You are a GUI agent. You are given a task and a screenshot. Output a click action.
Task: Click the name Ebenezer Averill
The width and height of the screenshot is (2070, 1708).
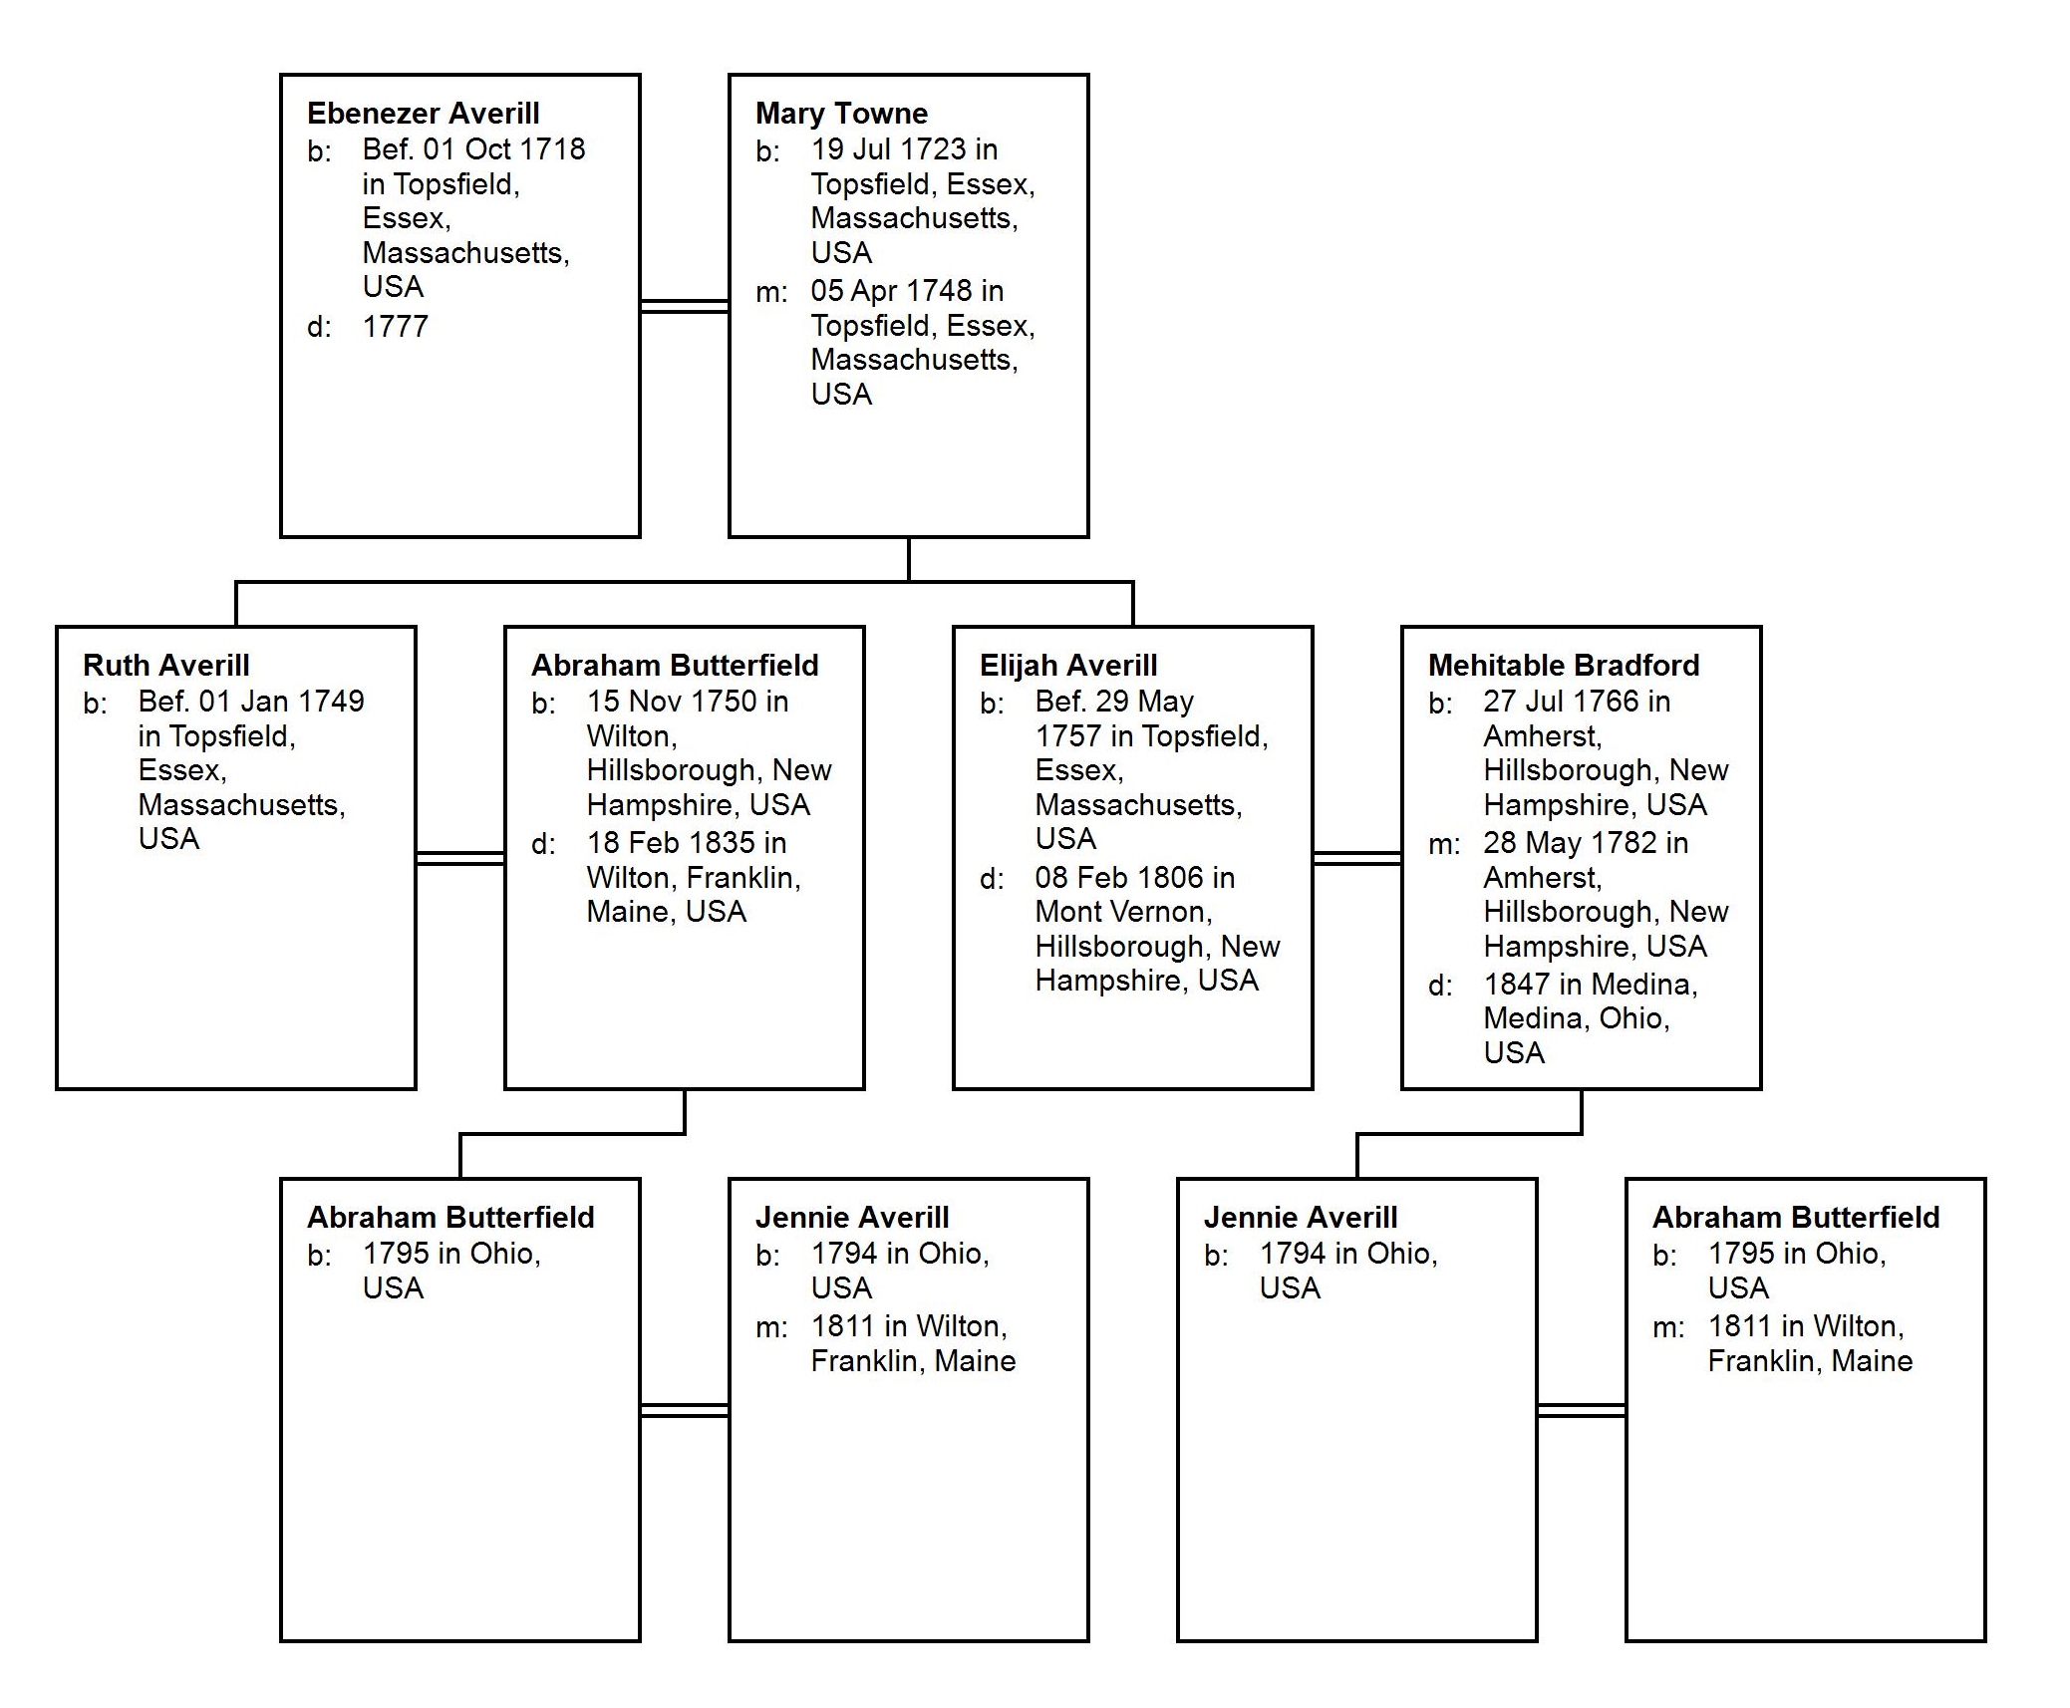pos(423,114)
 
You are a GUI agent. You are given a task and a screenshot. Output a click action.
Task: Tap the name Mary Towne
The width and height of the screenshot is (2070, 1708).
pos(841,114)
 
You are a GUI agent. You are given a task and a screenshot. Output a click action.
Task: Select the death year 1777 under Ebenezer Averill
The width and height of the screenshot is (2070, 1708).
pos(396,327)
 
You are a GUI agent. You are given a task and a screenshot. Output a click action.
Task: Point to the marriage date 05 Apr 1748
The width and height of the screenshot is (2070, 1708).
pos(891,291)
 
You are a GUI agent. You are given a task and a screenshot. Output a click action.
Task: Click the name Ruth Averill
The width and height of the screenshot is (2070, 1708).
pos(165,666)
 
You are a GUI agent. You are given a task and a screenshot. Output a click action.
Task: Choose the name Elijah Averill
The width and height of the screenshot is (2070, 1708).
pos(1068,666)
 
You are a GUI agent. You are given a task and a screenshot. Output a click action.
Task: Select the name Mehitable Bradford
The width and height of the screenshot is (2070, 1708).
pos(1564,666)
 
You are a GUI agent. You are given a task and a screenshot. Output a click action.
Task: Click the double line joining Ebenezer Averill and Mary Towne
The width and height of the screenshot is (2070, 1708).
pos(684,306)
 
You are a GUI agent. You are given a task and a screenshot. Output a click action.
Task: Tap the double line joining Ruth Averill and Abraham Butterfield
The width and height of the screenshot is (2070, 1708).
pos(459,858)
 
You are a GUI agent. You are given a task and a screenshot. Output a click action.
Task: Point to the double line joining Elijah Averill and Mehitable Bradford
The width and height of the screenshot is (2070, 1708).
pos(1356,858)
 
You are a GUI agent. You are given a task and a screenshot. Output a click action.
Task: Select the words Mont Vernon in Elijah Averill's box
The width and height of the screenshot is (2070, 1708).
pos(1121,912)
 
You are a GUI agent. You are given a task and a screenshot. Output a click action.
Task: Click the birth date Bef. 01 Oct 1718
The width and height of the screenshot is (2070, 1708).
pos(473,149)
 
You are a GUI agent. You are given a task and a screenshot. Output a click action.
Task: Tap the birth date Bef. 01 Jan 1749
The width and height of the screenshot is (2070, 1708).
pos(251,702)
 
